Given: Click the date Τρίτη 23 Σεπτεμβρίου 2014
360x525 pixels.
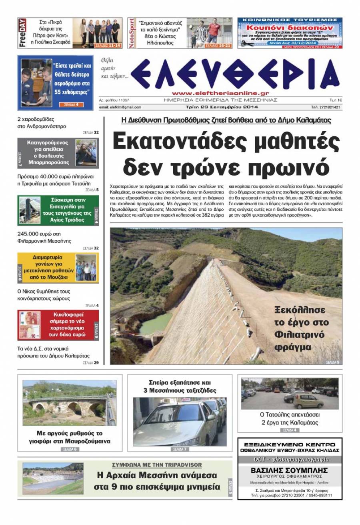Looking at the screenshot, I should pyautogui.click(x=222, y=107).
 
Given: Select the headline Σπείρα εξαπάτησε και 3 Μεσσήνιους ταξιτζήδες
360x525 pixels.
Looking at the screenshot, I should pyautogui.click(x=180, y=386).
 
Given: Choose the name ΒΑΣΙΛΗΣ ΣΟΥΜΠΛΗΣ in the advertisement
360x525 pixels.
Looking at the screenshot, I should pyautogui.click(x=289, y=470).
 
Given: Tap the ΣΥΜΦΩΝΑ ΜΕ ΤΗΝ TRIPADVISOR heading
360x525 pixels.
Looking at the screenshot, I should pyautogui.click(x=157, y=465).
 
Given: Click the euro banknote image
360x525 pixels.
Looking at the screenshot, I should pyautogui.click(x=34, y=325).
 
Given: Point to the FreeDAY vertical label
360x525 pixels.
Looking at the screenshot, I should pyautogui.click(x=22, y=33).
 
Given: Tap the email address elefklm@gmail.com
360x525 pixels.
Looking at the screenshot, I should pyautogui.click(x=120, y=107).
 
